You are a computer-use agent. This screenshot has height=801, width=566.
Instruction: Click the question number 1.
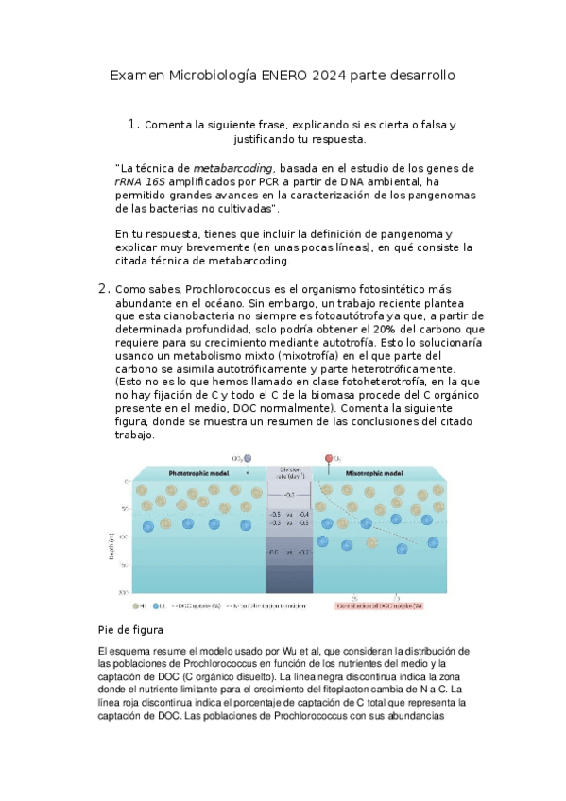tap(134, 124)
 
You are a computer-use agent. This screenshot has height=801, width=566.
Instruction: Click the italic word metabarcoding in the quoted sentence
tap(233, 168)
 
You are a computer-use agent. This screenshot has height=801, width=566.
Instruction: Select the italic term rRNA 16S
tap(141, 181)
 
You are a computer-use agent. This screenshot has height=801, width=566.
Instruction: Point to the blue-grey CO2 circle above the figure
tap(248, 458)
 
